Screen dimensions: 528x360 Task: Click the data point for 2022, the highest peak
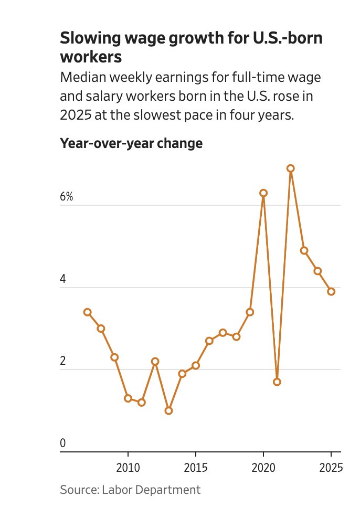(290, 168)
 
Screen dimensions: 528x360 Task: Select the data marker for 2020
(263, 193)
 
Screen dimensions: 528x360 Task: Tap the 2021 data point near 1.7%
(277, 382)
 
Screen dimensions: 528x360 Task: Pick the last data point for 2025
(331, 292)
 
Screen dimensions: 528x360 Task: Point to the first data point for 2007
(87, 312)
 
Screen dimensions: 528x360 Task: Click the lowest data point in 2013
(168, 410)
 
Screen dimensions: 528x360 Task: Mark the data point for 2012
(155, 362)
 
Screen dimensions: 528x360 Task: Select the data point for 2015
(196, 365)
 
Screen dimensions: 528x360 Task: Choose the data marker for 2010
(128, 398)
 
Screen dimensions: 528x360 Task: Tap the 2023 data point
(304, 250)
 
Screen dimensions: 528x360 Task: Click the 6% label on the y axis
(67, 197)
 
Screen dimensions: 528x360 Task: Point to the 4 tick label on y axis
(63, 279)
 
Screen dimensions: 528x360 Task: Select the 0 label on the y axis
(63, 443)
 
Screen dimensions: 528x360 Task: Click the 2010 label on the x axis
(128, 468)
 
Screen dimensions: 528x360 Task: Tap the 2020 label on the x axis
(263, 468)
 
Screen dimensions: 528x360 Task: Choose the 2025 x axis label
(331, 468)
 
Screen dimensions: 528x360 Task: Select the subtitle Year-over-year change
(131, 143)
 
